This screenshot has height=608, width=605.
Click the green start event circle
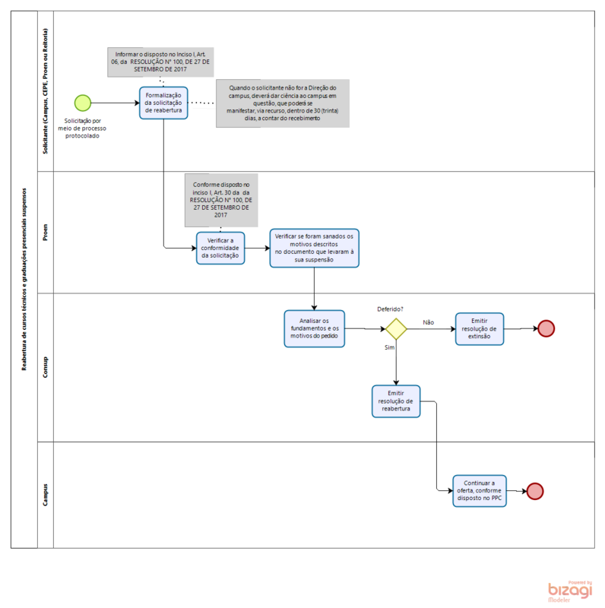[83, 103]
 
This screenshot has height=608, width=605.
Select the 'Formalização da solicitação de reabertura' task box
[163, 103]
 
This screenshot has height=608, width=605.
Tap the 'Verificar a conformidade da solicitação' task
[220, 248]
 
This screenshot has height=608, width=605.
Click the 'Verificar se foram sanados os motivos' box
[314, 248]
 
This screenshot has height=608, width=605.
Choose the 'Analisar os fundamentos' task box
[314, 328]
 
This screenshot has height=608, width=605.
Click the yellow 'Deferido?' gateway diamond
[396, 328]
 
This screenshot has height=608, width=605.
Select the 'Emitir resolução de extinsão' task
[479, 328]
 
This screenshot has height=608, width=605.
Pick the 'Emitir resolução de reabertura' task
[396, 401]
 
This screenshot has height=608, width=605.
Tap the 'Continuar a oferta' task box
[479, 491]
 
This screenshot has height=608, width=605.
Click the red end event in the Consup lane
[546, 328]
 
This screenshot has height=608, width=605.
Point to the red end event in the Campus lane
[535, 491]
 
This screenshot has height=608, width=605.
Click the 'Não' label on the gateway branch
[428, 322]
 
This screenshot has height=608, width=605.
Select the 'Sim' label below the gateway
[389, 347]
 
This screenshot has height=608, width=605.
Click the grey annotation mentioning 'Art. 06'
[160, 62]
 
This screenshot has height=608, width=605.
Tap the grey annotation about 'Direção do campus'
[283, 103]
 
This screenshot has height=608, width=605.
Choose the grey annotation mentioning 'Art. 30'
[221, 199]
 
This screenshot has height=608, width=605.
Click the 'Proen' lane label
[46, 232]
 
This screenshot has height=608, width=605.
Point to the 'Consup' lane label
[46, 367]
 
